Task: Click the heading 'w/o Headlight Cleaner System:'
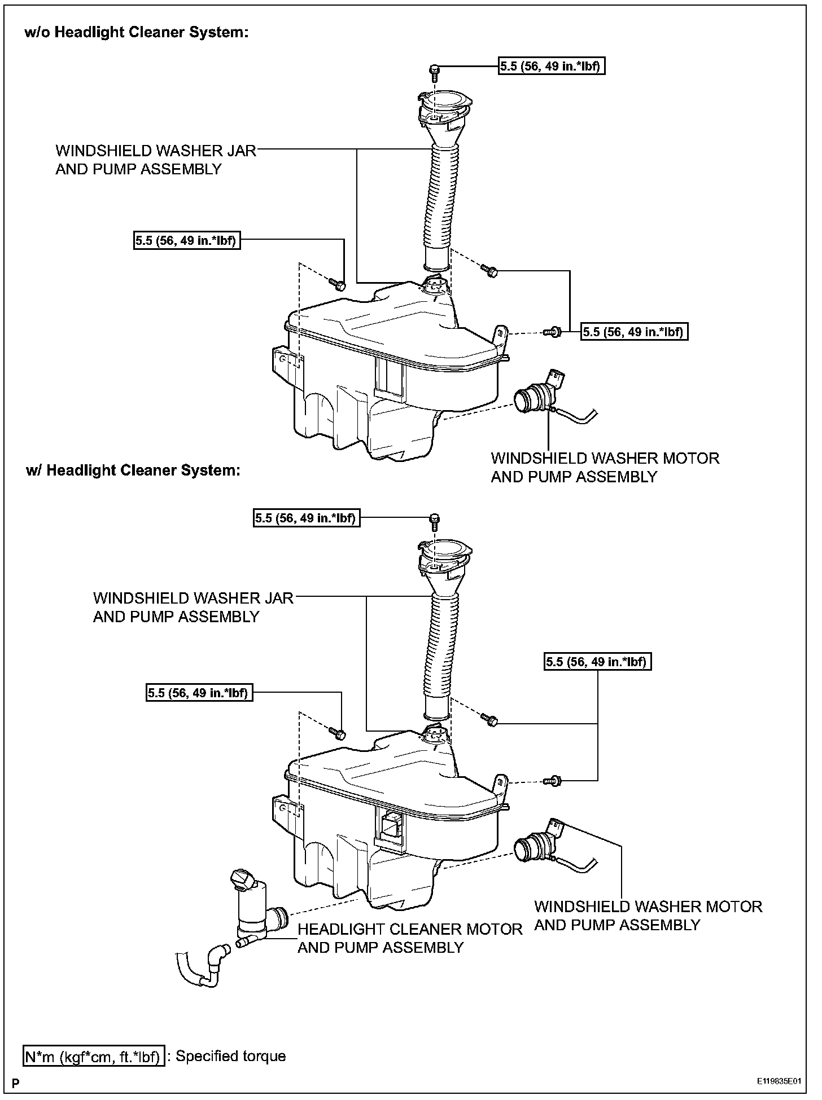137,33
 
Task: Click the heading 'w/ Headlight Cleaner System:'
133,470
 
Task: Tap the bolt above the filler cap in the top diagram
435,72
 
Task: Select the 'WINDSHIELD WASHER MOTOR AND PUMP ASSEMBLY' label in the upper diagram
605,467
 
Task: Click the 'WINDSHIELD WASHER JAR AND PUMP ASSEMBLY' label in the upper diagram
155,160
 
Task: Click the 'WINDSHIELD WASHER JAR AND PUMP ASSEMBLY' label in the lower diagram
193,607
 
